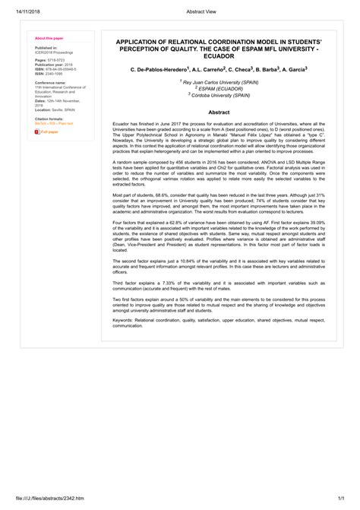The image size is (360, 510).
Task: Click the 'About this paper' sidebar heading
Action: (47, 37)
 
